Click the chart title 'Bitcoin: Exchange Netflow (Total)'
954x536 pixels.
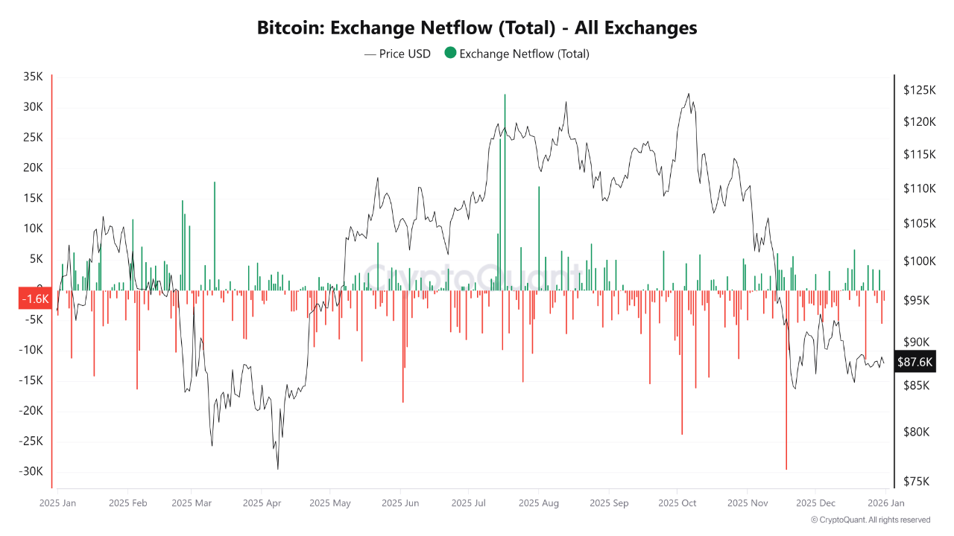[477, 28]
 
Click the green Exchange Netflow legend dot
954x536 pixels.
[450, 53]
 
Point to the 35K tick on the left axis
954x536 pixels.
[33, 77]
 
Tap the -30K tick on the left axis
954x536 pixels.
[31, 471]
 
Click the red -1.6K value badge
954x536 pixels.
[34, 299]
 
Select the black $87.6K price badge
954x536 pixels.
[914, 363]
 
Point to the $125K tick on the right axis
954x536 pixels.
[919, 90]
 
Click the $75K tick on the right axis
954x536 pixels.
[917, 482]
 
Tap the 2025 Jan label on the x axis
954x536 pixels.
[57, 503]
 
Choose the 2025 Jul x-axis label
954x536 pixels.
[470, 503]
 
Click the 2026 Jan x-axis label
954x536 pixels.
[885, 503]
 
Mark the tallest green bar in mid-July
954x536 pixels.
[505, 186]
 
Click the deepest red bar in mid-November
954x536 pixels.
[786, 380]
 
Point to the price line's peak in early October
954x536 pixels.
[688, 94]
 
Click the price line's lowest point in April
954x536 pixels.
[278, 468]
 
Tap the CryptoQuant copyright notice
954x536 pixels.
[870, 520]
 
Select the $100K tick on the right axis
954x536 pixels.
[919, 261]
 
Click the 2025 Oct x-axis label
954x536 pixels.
[677, 503]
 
